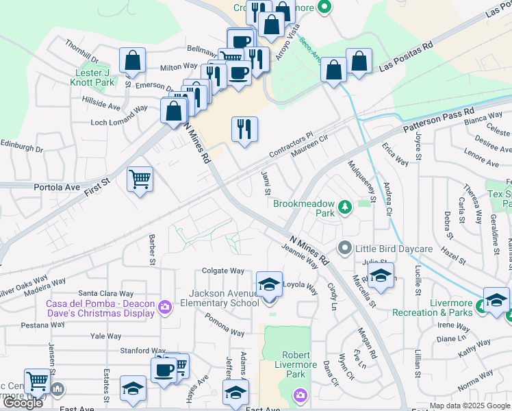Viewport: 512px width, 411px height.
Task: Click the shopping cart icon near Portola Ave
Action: [140, 179]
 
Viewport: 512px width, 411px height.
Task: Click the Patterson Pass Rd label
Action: [438, 121]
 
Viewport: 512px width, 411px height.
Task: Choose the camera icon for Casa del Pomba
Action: [164, 306]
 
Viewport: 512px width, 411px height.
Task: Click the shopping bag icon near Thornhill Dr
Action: [132, 60]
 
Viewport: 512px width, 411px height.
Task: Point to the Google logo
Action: [23, 402]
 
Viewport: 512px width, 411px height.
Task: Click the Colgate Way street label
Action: [223, 271]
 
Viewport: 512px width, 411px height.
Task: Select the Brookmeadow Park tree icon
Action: [346, 206]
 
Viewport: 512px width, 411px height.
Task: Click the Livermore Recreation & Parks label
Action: [432, 308]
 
